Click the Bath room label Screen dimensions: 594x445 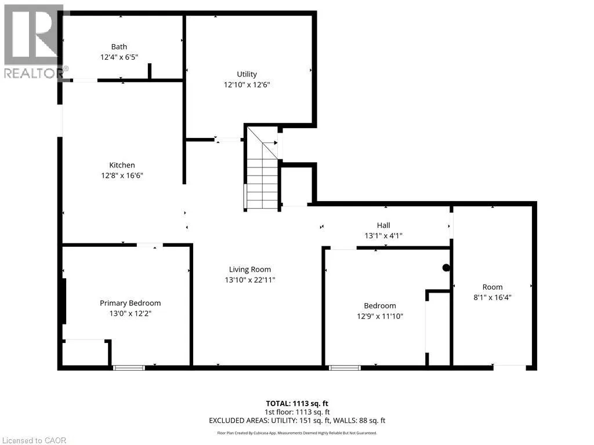(119, 46)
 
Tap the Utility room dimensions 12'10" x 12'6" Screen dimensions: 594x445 (247, 85)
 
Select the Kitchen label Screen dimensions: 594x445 (122, 165)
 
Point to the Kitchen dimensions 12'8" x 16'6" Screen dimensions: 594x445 (122, 176)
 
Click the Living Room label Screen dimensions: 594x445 (250, 269)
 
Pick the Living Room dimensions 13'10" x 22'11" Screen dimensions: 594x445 (250, 280)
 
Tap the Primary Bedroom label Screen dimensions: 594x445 (131, 303)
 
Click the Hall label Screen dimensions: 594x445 (383, 225)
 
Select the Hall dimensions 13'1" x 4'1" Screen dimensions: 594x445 (383, 236)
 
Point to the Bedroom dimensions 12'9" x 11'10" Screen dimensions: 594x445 (380, 316)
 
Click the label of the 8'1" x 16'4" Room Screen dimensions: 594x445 (492, 287)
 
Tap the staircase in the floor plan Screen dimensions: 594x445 (262, 169)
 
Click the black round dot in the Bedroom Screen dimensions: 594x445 (446, 268)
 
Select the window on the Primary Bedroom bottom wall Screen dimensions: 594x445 (129, 367)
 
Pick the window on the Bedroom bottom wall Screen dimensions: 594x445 (345, 367)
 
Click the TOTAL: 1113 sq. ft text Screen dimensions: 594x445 (297, 403)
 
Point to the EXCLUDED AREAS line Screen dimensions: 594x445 (297, 421)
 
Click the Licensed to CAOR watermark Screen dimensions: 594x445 (34, 440)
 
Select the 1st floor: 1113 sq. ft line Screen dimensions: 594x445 (297, 412)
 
